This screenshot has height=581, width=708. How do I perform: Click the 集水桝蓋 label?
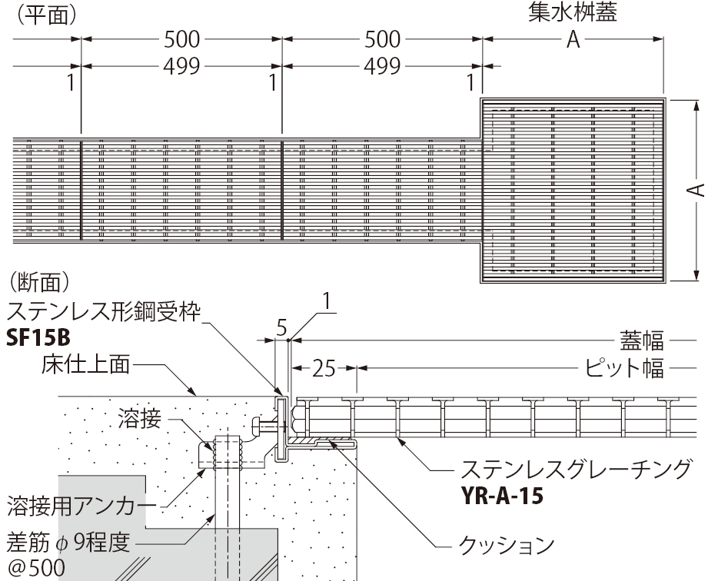tap(573, 15)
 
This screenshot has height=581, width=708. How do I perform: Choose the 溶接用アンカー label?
tap(81, 506)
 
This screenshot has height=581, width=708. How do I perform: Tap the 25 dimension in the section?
tap(325, 370)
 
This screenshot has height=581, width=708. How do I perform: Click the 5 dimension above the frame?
tap(281, 328)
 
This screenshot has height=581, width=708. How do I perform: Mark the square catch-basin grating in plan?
tap(573, 191)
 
